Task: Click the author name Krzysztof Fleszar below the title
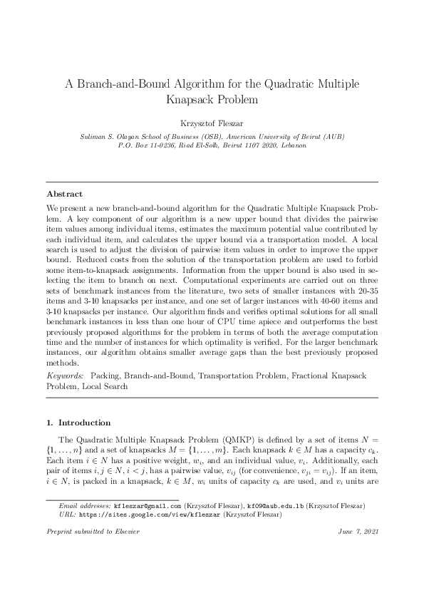212,123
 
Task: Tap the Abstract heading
64,193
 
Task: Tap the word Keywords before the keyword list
64,376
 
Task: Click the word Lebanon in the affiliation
292,145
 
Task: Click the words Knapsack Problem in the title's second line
212,100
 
